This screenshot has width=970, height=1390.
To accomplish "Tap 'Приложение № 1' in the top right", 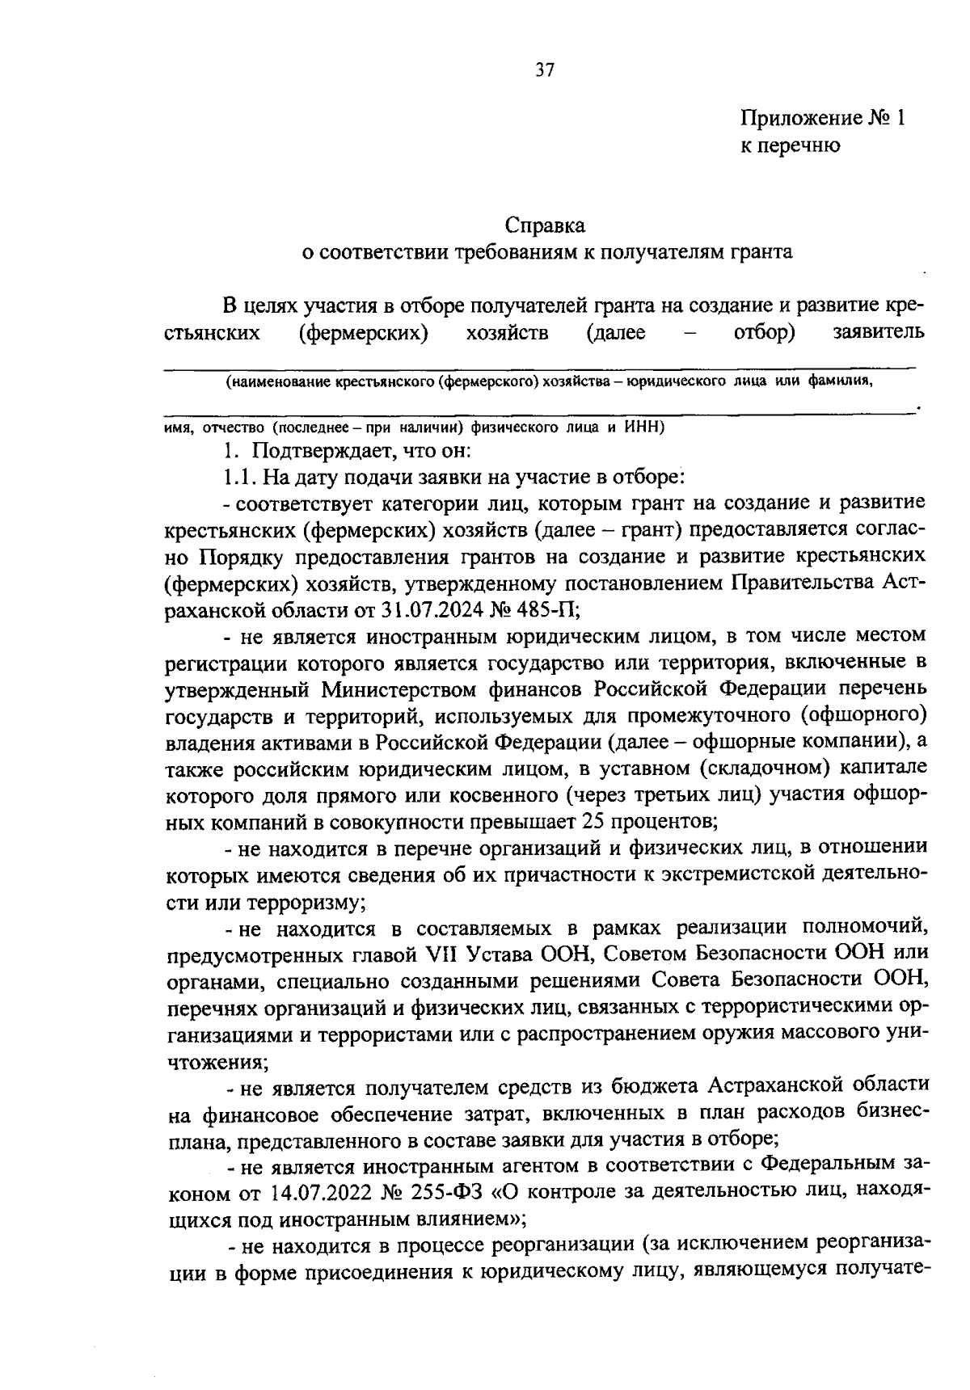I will tap(822, 118).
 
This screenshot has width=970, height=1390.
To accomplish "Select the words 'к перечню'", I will tap(791, 145).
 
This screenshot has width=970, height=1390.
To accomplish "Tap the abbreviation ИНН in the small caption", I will tap(643, 427).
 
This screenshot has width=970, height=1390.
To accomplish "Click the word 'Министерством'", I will tap(400, 689).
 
